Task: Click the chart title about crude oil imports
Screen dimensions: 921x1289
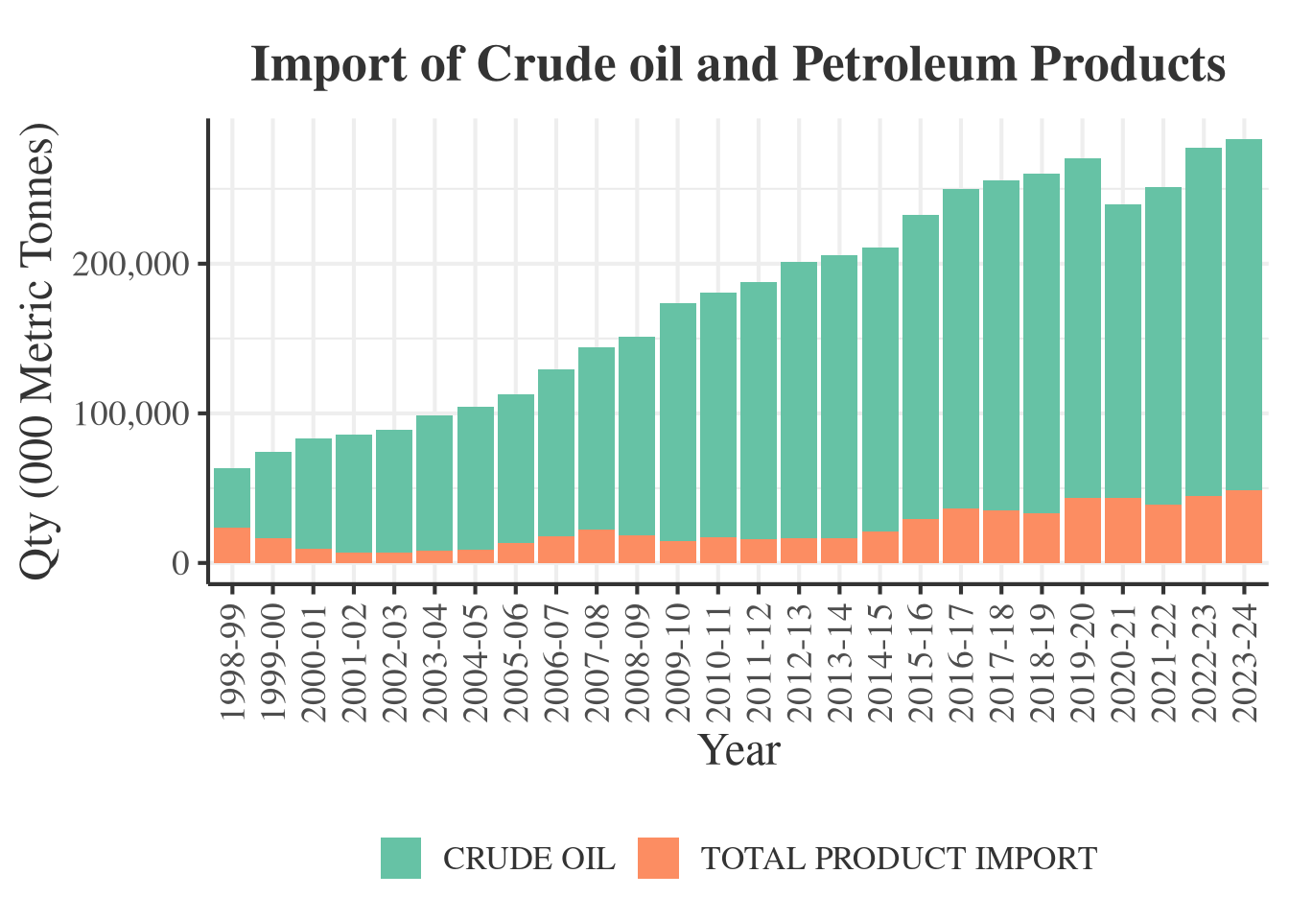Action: (x=738, y=65)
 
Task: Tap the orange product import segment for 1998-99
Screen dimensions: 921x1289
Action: (x=232, y=545)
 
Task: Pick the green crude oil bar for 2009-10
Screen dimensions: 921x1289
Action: (x=678, y=422)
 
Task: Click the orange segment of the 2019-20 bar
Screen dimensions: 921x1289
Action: (x=1083, y=531)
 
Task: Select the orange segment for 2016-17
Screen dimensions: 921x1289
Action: (x=961, y=535)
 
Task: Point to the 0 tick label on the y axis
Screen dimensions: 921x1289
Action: (x=181, y=563)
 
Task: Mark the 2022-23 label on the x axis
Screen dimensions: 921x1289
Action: (x=1204, y=663)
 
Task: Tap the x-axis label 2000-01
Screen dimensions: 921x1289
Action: (x=314, y=663)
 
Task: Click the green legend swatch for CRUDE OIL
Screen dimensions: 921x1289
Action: (x=401, y=858)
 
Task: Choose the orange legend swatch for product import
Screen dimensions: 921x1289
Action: (x=658, y=858)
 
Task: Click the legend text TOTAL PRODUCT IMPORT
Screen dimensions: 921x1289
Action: (x=899, y=859)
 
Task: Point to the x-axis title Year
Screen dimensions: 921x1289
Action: (x=738, y=750)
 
